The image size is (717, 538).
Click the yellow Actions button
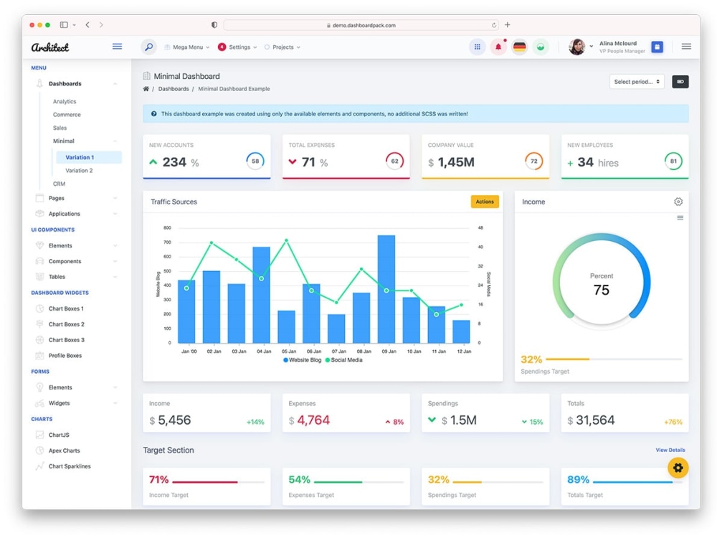pos(485,202)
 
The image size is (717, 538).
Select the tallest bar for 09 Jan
pos(386,289)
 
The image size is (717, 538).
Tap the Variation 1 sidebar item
pos(80,157)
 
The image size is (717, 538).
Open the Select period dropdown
pos(637,82)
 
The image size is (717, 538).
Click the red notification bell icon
pos(498,47)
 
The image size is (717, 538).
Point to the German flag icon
pos(519,47)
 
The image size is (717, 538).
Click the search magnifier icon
pos(148,47)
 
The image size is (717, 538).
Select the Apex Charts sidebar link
pos(64,450)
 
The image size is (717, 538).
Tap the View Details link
pos(670,450)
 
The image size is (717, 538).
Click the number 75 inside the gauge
pos(602,290)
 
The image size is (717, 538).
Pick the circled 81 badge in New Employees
pos(673,161)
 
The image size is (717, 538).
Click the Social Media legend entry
pos(344,360)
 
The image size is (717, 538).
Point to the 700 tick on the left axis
pos(167,242)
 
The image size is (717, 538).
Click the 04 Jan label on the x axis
pos(264,351)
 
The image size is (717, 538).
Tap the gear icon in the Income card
pos(678,202)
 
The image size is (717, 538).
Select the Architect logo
pos(50,47)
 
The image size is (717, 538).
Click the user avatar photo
pos(576,47)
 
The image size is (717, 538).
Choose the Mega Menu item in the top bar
pos(187,47)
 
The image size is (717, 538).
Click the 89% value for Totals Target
pos(578,479)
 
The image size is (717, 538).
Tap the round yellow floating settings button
pos(678,468)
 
